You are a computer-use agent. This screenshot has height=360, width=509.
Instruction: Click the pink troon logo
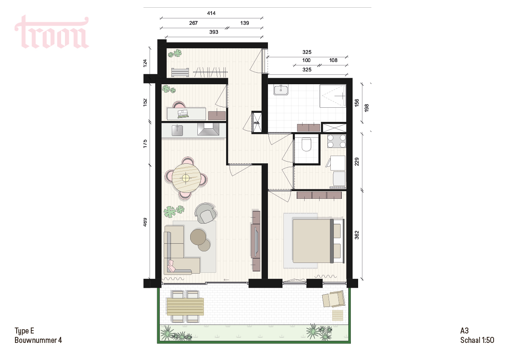(x=52, y=32)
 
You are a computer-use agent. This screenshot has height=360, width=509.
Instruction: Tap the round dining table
(x=185, y=178)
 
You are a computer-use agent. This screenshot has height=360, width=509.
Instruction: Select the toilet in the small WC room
(x=306, y=144)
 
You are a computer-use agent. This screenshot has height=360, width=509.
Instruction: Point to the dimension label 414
(x=211, y=13)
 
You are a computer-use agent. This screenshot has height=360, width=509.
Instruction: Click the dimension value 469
(x=145, y=222)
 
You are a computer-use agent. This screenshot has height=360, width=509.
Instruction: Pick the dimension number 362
(x=357, y=235)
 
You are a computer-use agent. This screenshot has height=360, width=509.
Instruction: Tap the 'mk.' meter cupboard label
(x=257, y=123)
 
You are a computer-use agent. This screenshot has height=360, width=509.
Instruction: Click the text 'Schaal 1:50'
(x=477, y=340)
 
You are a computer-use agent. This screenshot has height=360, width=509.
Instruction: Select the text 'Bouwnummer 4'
(x=38, y=340)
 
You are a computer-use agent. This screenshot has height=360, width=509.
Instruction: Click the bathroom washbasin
(x=281, y=90)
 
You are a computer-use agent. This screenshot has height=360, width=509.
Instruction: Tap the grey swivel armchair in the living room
(x=206, y=213)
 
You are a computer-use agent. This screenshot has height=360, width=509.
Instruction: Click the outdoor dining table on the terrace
(x=185, y=307)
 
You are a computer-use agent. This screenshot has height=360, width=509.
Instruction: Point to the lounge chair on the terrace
(x=333, y=299)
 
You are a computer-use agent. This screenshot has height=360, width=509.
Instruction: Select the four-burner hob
(x=337, y=141)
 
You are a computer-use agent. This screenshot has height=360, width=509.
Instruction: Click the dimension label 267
(x=194, y=23)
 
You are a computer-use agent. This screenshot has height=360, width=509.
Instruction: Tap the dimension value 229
(x=357, y=162)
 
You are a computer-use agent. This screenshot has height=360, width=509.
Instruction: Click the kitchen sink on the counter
(x=177, y=130)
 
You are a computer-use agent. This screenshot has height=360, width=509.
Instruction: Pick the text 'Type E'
(x=24, y=331)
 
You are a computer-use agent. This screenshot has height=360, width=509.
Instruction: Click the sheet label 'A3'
(x=465, y=330)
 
